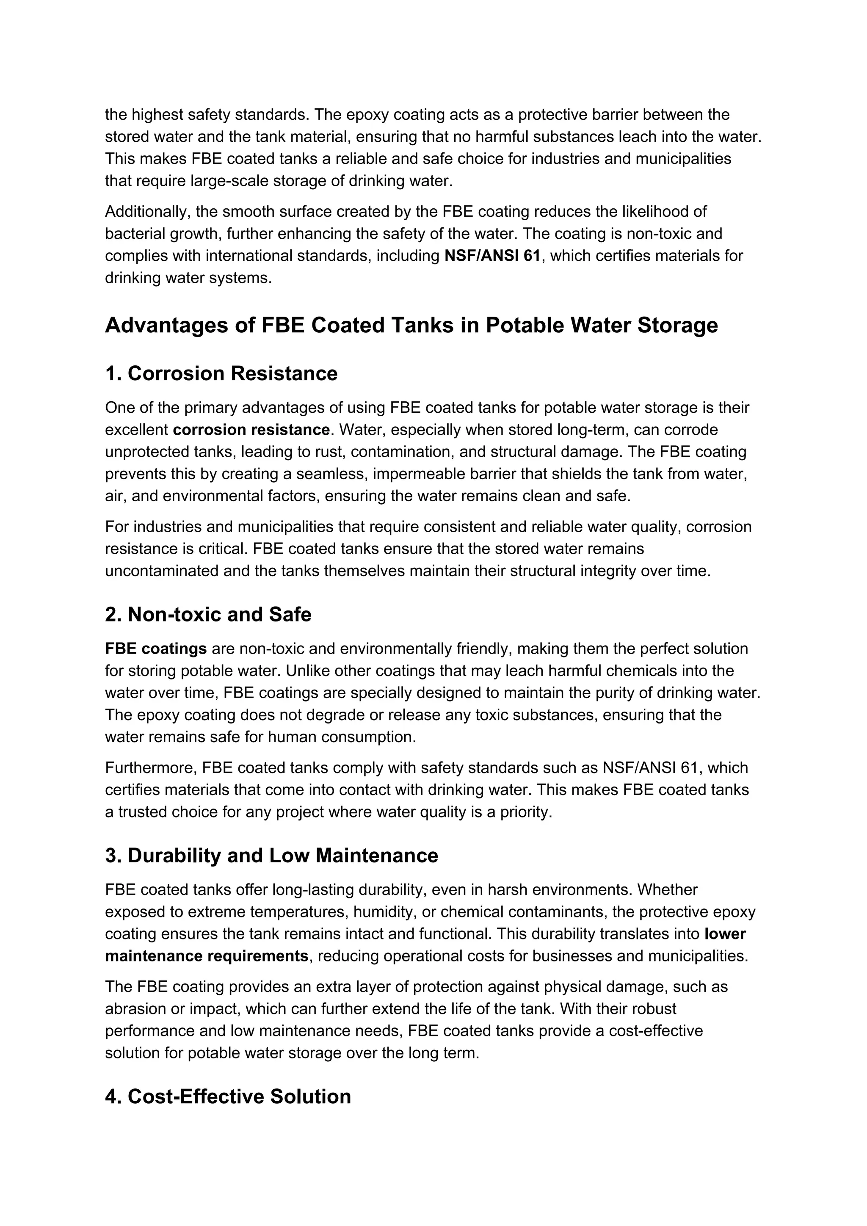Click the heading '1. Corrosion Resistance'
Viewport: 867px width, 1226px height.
(x=221, y=374)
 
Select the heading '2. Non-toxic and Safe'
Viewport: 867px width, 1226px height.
(x=208, y=615)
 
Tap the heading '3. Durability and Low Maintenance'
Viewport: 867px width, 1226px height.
(x=271, y=856)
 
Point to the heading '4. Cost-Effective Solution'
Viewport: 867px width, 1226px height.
(x=228, y=1097)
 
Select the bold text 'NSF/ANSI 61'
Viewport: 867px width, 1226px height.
(x=491, y=256)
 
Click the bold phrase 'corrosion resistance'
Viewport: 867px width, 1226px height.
(x=251, y=430)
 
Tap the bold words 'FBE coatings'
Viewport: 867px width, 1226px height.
(x=156, y=649)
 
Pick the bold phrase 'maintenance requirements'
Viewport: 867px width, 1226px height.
(x=207, y=956)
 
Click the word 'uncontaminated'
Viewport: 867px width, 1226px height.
(x=162, y=572)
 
